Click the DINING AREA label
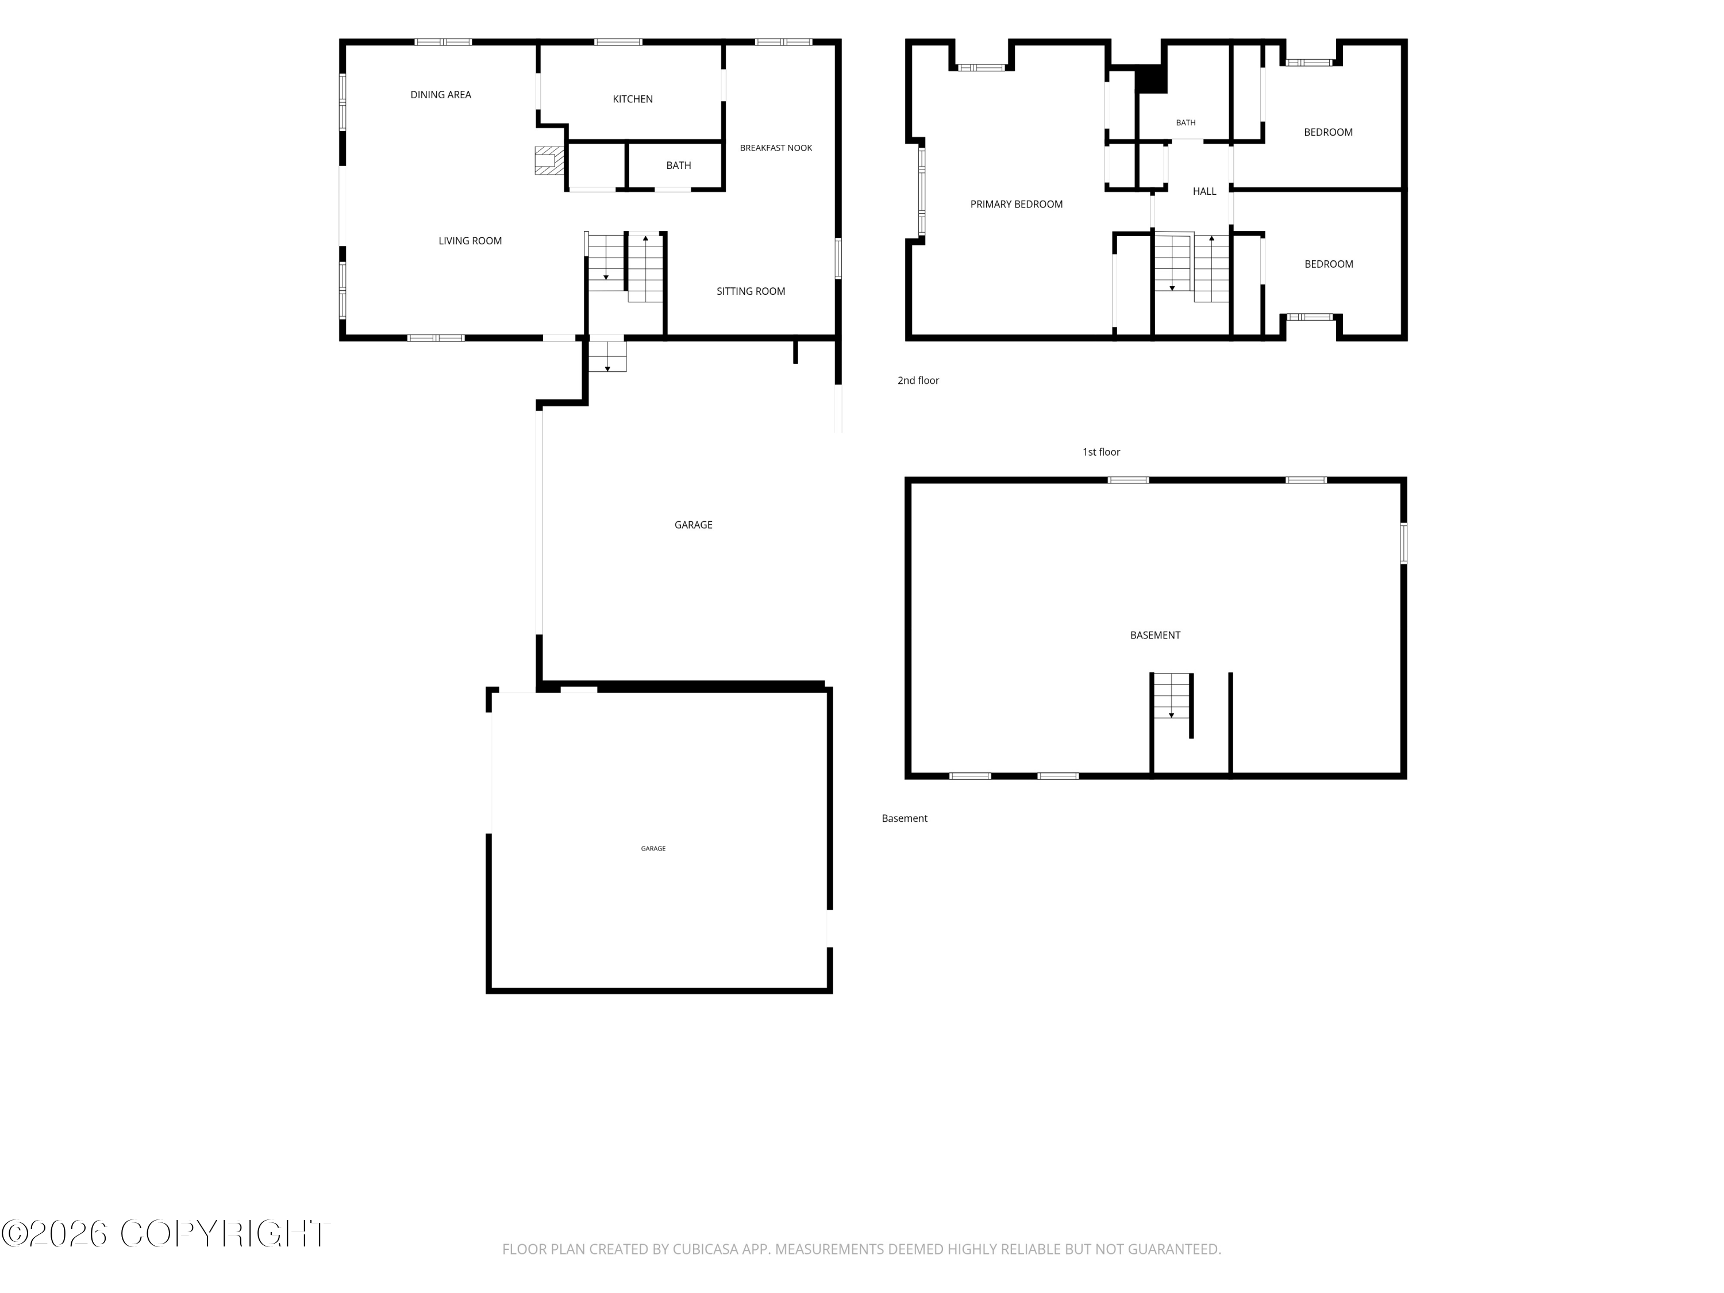point(440,95)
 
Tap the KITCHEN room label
point(632,99)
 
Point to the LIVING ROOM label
point(470,241)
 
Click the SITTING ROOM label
point(751,291)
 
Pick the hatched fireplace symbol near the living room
point(549,160)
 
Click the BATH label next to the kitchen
point(678,166)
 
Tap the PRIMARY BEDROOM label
point(1017,204)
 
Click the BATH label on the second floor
point(1186,123)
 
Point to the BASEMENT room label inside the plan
point(1155,635)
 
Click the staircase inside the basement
point(1171,696)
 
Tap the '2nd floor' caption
point(918,380)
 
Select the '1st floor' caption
point(1101,452)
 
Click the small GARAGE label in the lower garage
point(653,849)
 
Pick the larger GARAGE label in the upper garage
point(693,525)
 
